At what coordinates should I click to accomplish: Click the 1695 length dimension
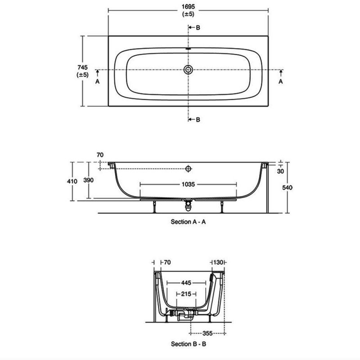click(188, 7)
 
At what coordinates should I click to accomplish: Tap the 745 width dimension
click(82, 67)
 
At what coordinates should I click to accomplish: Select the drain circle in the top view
click(188, 70)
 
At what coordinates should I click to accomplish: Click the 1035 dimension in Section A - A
click(188, 184)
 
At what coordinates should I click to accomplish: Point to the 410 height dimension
click(72, 181)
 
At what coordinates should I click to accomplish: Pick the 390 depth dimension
click(88, 180)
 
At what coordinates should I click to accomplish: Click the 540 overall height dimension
click(287, 188)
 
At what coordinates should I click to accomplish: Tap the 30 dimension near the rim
click(280, 171)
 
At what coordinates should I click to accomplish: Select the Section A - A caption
click(188, 222)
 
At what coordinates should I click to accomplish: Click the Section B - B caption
click(189, 344)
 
